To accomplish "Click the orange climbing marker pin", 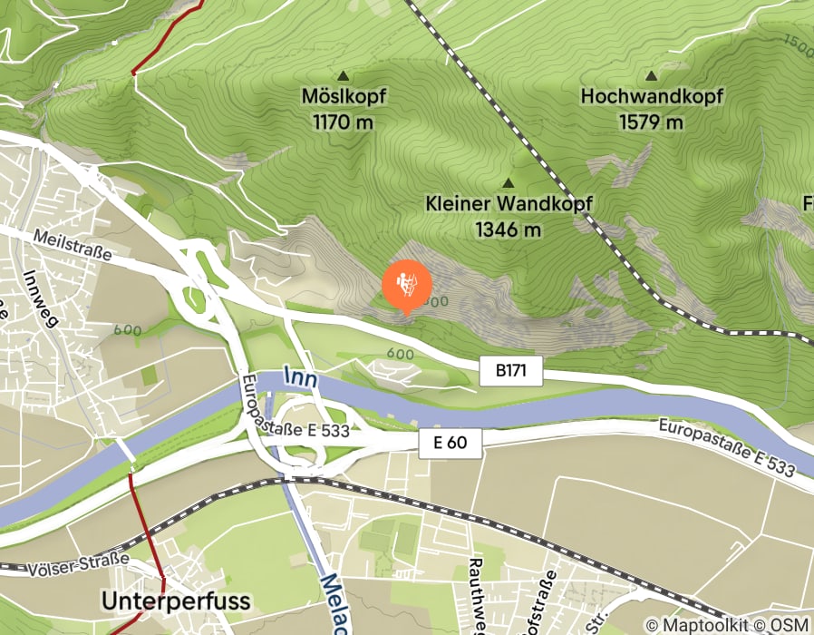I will click(x=406, y=285).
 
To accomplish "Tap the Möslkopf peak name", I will click(x=343, y=95).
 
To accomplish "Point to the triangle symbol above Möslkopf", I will click(x=343, y=75).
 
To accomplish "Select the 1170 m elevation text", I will click(x=343, y=121).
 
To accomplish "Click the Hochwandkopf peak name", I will click(x=651, y=95).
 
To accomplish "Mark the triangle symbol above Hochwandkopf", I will click(x=651, y=75).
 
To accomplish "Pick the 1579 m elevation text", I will click(x=651, y=121).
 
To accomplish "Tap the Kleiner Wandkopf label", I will click(x=508, y=203).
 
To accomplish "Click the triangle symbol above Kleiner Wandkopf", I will click(x=508, y=183).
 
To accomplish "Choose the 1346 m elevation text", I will click(x=508, y=230).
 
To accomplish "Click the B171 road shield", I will click(x=510, y=370).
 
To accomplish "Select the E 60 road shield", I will click(x=451, y=443).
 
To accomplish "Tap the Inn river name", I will click(x=300, y=377).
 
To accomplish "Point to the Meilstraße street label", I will click(x=73, y=246).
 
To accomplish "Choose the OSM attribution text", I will click(x=789, y=625).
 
